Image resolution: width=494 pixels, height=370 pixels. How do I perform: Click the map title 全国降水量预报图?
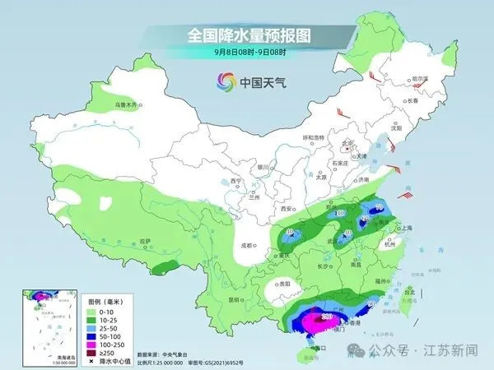[246, 35]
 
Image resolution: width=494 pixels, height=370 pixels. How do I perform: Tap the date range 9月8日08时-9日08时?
[246, 53]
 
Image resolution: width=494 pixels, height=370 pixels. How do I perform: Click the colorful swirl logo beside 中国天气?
[223, 82]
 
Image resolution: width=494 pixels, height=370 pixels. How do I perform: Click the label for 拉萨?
[145, 241]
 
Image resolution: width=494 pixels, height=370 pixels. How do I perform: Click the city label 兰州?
[265, 197]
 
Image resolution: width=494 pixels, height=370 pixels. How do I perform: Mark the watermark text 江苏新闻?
[452, 350]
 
